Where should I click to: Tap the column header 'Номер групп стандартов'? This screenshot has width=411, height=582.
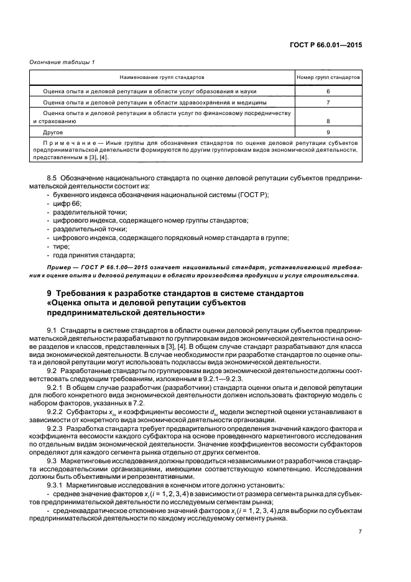pyautogui.click(x=328, y=78)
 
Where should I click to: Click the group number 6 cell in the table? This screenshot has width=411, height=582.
pyautogui.click(x=328, y=91)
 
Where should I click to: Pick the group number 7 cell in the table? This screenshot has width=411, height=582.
pyautogui.click(x=328, y=101)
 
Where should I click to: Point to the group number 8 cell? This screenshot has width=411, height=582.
pyautogui.click(x=328, y=122)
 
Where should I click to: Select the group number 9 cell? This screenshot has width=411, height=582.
pyautogui.click(x=328, y=132)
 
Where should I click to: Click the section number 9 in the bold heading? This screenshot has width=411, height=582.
pyautogui.click(x=50, y=292)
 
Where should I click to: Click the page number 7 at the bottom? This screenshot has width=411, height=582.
pyautogui.click(x=360, y=532)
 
